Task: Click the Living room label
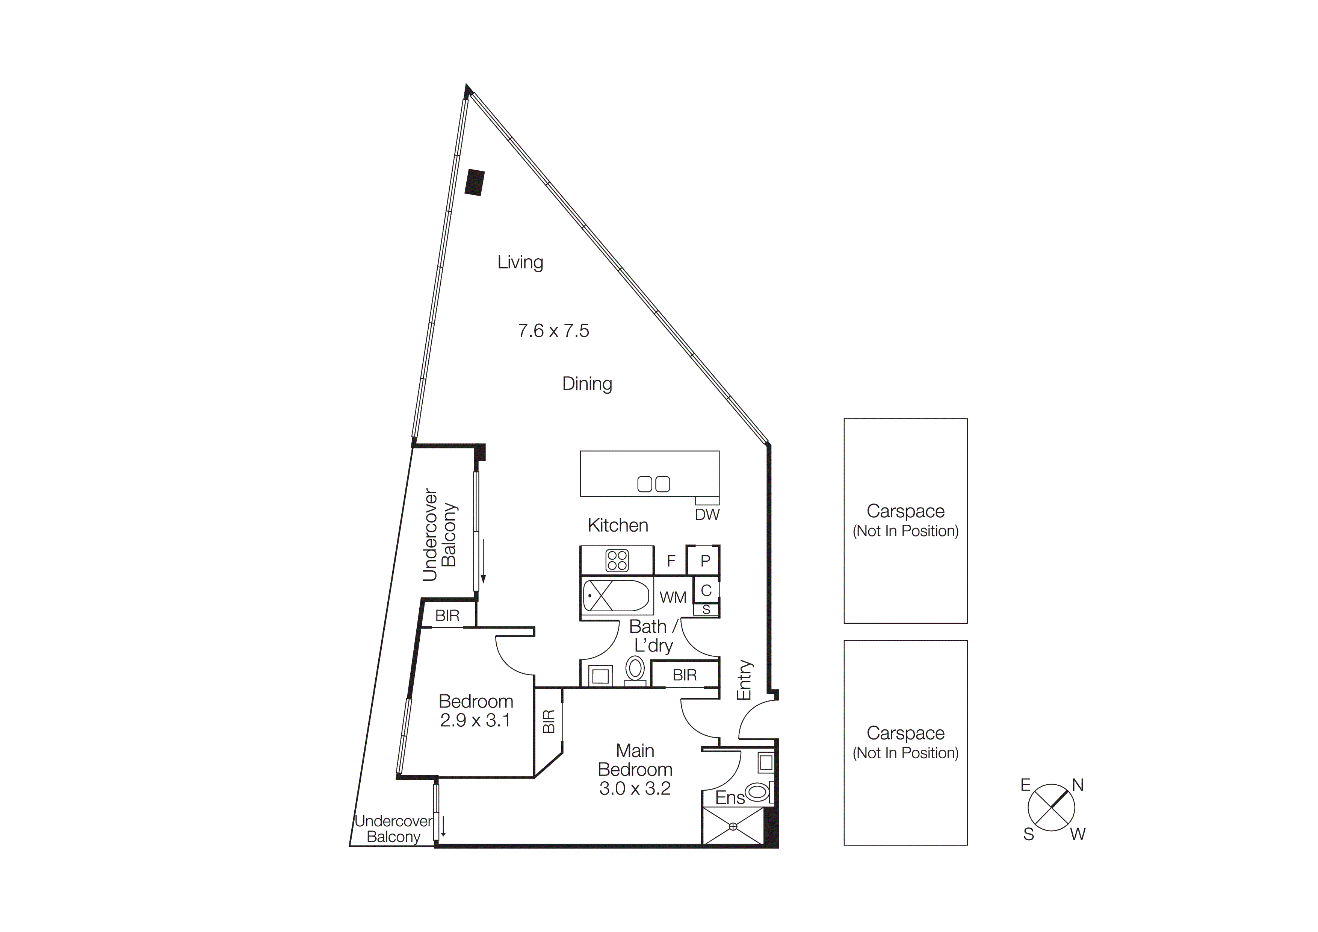(520, 262)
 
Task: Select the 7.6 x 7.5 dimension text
(553, 331)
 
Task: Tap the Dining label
(586, 383)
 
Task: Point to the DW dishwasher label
(707, 515)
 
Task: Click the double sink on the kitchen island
(654, 484)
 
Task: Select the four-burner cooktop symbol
(617, 561)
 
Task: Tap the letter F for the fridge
(671, 561)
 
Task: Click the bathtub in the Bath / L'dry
(615, 596)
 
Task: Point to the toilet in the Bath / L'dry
(635, 670)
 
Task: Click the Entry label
(744, 680)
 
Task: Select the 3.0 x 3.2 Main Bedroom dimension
(635, 788)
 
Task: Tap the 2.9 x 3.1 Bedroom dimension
(475, 720)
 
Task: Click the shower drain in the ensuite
(733, 826)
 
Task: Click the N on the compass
(1078, 785)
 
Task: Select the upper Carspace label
(905, 511)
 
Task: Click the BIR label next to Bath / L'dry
(684, 675)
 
